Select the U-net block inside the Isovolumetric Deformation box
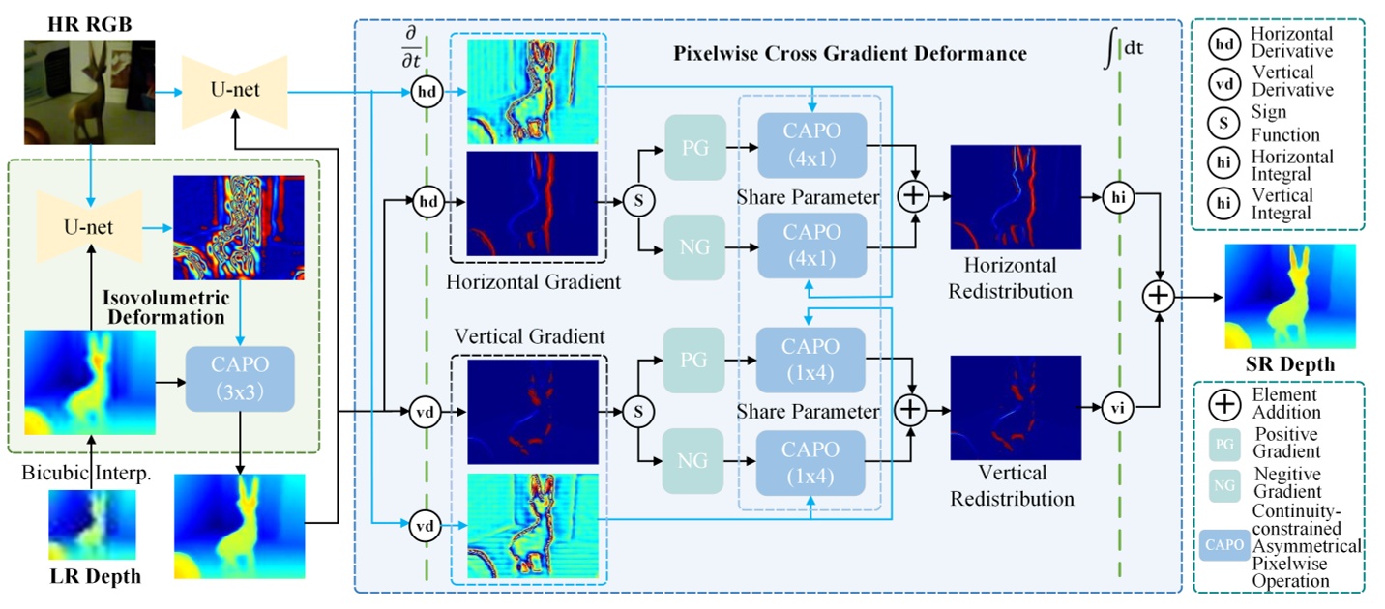click(x=89, y=228)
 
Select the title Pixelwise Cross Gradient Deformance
click(x=849, y=54)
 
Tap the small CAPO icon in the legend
click(x=1223, y=545)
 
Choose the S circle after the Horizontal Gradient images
click(x=637, y=202)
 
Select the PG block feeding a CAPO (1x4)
click(x=693, y=360)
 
